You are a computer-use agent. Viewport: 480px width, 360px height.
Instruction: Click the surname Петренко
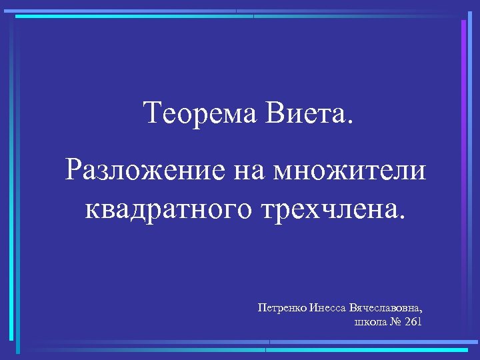(282, 308)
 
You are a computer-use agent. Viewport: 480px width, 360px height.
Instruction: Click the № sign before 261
(395, 323)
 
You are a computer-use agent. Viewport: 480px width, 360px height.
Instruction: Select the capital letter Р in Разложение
(74, 171)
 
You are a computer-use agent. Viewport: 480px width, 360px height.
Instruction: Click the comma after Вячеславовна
(422, 312)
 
